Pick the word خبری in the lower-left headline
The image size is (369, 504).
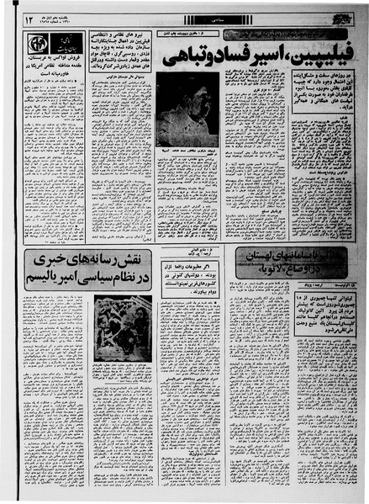click(x=52, y=260)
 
